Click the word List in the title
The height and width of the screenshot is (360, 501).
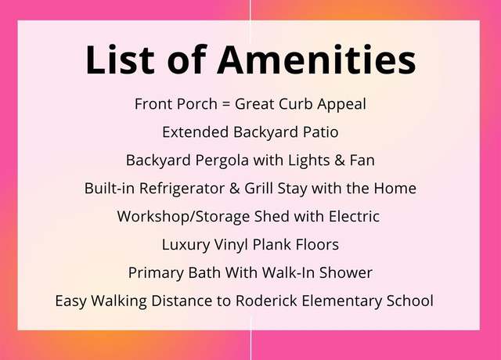pyautogui.click(x=120, y=59)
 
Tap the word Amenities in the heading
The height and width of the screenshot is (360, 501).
pyautogui.click(x=316, y=59)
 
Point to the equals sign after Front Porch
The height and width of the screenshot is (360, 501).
pyautogui.click(x=226, y=104)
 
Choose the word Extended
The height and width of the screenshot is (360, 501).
pyautogui.click(x=195, y=132)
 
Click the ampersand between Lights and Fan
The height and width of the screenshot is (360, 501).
pyautogui.click(x=340, y=160)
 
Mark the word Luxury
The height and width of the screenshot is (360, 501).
pyautogui.click(x=186, y=245)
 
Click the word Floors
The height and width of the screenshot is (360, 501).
pyautogui.click(x=317, y=244)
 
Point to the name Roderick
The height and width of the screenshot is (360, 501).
pyautogui.click(x=266, y=301)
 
